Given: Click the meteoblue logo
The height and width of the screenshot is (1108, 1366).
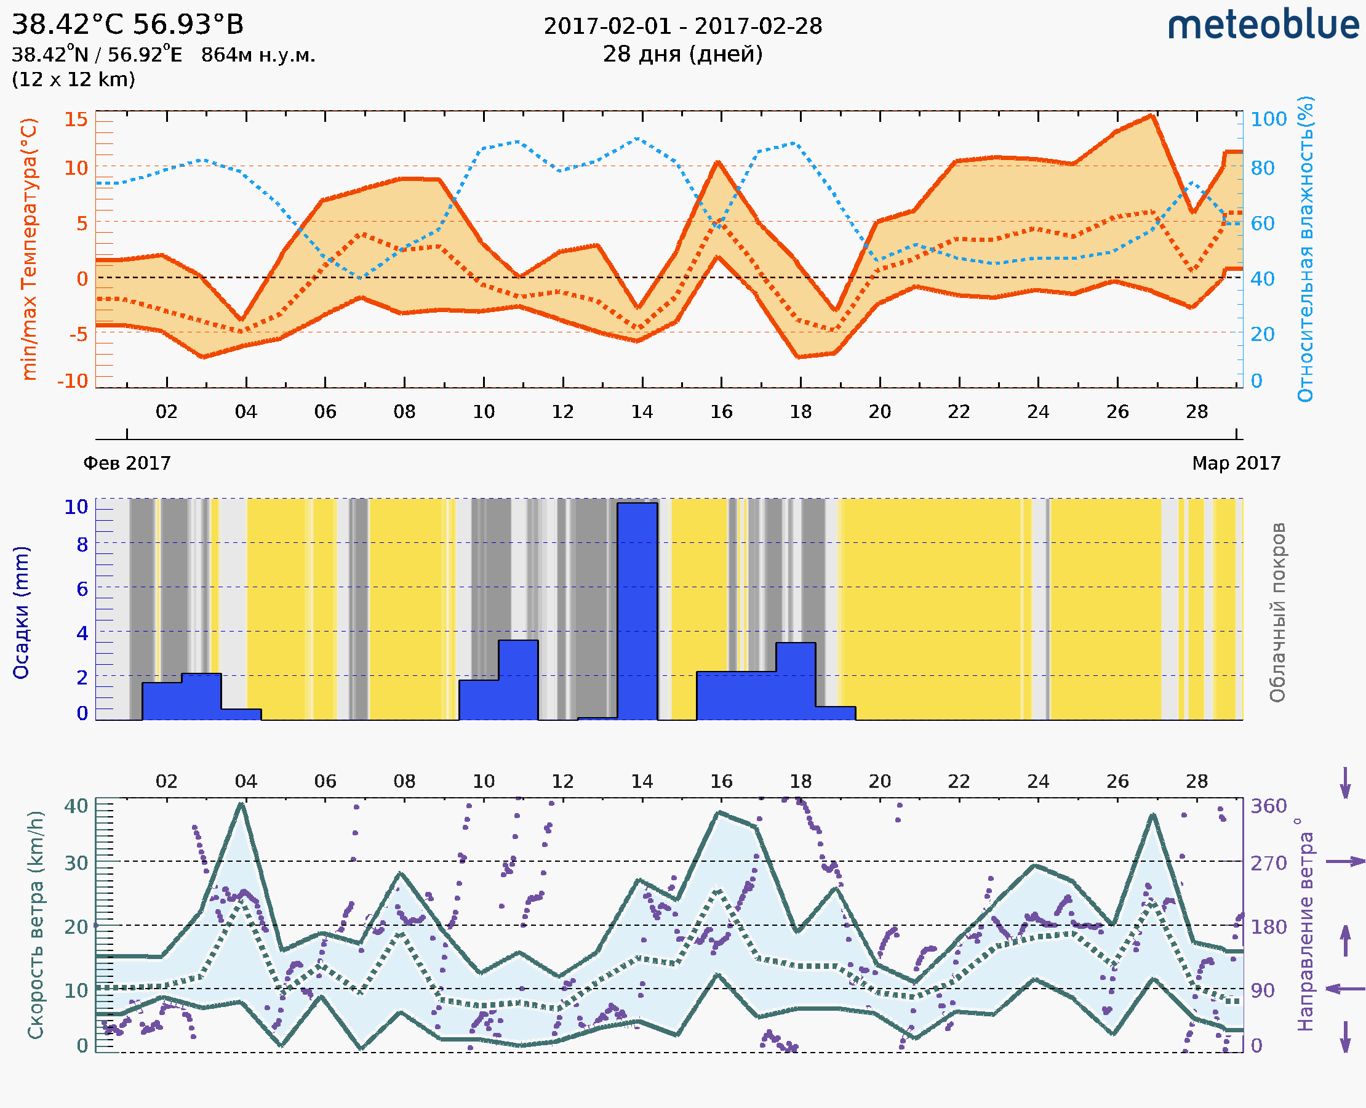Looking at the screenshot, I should click(1263, 25).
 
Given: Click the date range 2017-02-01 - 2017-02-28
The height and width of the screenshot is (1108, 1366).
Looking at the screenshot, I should click(682, 26).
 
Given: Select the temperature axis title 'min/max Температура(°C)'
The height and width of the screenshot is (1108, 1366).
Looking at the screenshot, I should click(29, 249).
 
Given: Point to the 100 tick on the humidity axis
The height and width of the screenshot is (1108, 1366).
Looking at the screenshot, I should click(1268, 119).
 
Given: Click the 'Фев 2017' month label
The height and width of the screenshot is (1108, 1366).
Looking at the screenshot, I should click(127, 463).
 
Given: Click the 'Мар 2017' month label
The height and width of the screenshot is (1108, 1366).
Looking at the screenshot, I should click(1236, 463).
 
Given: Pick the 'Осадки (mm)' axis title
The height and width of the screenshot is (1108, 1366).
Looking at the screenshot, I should click(21, 612).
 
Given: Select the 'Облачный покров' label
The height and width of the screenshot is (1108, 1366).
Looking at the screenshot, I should click(1277, 612).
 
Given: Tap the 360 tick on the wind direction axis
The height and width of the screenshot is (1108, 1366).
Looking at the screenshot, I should click(1268, 806).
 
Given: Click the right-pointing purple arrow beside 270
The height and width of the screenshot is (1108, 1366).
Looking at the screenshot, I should click(1345, 862).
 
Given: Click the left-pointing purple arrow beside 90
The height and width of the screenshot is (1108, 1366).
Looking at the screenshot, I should click(1345, 989).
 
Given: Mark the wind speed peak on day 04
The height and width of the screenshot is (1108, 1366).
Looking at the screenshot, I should click(241, 803).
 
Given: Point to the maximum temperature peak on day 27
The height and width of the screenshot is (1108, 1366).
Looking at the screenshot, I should click(1151, 116).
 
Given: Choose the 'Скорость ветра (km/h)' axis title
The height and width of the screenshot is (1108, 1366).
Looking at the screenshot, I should click(36, 925).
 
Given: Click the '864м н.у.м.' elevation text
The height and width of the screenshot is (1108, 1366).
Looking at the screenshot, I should click(258, 55).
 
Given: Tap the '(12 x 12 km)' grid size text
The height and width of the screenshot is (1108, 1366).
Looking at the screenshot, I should click(73, 80).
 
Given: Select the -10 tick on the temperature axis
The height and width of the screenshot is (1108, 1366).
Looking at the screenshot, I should click(72, 381).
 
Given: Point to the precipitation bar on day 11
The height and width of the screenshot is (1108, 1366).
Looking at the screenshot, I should click(517, 679).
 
